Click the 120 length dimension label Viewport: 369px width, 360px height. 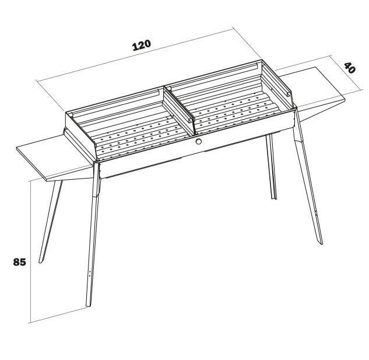(x=142, y=46)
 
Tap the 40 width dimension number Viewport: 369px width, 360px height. (x=350, y=68)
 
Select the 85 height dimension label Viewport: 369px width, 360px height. (x=19, y=262)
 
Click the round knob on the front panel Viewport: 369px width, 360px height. (x=198, y=141)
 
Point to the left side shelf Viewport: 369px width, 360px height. (x=54, y=158)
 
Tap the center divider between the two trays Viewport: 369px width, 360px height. (x=179, y=111)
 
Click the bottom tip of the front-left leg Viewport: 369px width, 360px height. (x=89, y=306)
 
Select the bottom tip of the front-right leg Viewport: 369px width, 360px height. (x=321, y=243)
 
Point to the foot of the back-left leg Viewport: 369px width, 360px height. (x=40, y=261)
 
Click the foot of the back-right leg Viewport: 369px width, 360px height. (x=274, y=198)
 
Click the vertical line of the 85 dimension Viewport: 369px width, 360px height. (x=31, y=251)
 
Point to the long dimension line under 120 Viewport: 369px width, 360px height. (x=135, y=55)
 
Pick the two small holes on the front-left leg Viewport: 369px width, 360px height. (x=90, y=273)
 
